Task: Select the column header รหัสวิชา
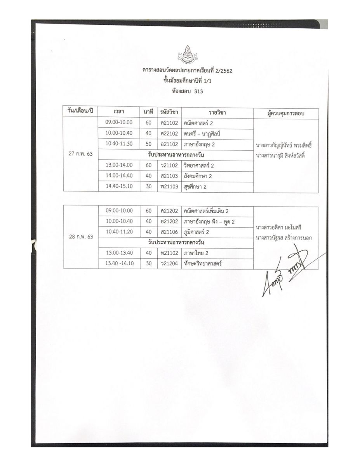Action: click(x=169, y=113)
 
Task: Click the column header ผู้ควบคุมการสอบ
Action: click(x=285, y=113)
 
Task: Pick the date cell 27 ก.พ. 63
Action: click(x=81, y=154)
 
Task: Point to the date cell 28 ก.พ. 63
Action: click(x=81, y=236)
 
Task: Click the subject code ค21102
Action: click(x=169, y=123)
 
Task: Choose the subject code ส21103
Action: click(x=169, y=176)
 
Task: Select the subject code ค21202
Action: click(x=169, y=211)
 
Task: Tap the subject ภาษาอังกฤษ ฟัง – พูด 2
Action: click(x=209, y=222)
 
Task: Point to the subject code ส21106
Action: click(x=169, y=232)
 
